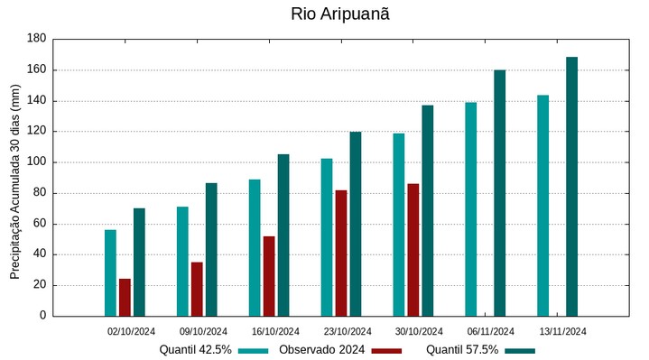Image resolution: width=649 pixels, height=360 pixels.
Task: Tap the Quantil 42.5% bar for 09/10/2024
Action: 182,261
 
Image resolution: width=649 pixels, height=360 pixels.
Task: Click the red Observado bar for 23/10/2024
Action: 341,253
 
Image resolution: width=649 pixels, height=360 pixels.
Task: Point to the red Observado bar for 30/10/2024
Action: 413,250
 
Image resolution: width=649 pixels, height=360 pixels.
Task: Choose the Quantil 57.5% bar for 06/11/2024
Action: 499,193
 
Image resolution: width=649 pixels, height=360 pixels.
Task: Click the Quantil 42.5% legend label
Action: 196,349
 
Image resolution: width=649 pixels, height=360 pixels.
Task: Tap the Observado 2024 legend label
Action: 321,349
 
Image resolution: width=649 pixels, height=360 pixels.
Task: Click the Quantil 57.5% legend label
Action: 462,349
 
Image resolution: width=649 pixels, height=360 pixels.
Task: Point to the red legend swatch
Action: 386,350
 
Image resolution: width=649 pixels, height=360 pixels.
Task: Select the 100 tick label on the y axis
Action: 36,162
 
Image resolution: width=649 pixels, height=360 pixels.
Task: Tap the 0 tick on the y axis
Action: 42,316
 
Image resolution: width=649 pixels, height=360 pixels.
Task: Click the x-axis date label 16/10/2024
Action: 275,331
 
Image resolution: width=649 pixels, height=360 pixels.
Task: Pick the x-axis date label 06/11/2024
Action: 491,331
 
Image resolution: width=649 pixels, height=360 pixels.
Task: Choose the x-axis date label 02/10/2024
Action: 132,331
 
